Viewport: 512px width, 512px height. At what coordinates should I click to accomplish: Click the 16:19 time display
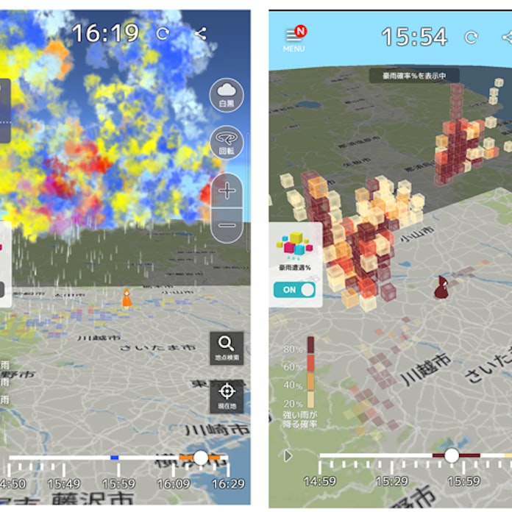tap(106, 32)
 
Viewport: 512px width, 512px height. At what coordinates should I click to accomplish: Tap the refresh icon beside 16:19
tap(163, 33)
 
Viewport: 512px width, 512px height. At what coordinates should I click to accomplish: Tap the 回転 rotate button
tap(226, 141)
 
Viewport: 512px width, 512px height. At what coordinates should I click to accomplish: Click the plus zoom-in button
tap(227, 191)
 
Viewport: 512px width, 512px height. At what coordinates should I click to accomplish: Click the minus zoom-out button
tap(227, 225)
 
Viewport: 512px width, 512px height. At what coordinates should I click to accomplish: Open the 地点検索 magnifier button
tap(227, 347)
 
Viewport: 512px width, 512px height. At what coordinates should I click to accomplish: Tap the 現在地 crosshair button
tap(227, 395)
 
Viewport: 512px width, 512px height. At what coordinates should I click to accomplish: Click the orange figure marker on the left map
tap(127, 298)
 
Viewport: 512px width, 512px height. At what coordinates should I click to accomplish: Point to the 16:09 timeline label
tap(174, 483)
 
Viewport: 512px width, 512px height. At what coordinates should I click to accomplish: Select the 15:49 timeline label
tap(65, 483)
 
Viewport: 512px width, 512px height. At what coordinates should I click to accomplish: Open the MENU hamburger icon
tap(294, 38)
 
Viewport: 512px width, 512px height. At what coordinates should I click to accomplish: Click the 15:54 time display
tap(414, 37)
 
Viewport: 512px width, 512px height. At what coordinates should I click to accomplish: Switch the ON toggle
tap(294, 289)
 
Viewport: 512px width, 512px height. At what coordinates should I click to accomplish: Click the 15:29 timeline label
tap(392, 480)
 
